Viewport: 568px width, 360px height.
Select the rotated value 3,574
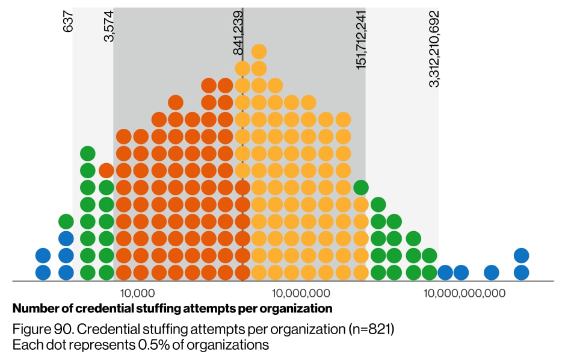coord(109,26)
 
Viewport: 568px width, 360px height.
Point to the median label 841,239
coord(238,33)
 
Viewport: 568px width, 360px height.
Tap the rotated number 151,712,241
coord(362,40)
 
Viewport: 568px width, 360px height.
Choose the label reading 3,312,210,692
coord(434,49)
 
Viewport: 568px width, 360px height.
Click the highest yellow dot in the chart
coord(259,51)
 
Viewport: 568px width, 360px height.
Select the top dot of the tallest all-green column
coord(88,154)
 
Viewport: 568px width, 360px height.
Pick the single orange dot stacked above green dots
coord(106,170)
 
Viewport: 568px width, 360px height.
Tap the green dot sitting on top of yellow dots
coord(361,187)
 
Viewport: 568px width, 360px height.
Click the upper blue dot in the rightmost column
coord(521,255)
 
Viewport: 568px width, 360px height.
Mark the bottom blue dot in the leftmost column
coord(43,272)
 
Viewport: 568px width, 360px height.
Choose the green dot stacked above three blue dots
coord(66,222)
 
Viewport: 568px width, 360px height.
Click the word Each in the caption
coord(25,345)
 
